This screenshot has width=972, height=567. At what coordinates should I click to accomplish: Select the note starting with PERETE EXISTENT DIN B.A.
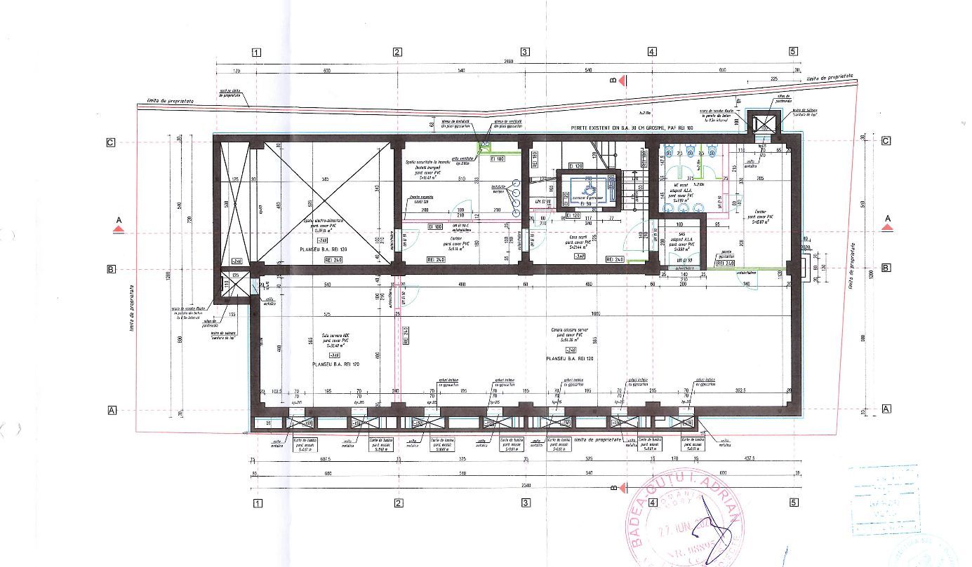[632, 129]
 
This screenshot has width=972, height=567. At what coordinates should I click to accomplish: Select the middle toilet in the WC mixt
[693, 150]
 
